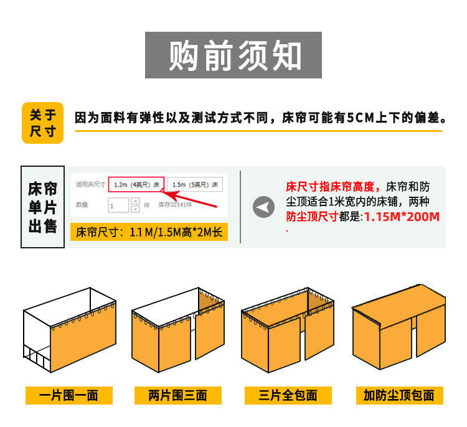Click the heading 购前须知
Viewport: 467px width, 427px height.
point(233,56)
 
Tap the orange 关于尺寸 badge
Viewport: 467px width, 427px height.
point(42,123)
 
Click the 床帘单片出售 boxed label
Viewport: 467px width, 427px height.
point(42,207)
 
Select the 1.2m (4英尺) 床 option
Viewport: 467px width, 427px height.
point(136,185)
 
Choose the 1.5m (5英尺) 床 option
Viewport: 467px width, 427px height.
point(195,185)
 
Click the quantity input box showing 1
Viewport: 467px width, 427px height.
point(118,205)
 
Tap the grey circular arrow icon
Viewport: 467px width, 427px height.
point(264,207)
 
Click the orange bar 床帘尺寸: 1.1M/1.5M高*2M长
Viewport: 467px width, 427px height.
point(148,233)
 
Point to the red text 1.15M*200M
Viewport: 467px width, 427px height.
point(402,217)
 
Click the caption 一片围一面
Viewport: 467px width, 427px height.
point(69,395)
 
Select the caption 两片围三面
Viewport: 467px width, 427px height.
point(177,395)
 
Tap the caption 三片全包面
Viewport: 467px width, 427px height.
point(288,395)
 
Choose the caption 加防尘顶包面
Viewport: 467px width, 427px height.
point(399,395)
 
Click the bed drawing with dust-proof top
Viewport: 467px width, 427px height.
point(399,327)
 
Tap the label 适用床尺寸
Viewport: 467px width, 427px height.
point(90,185)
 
